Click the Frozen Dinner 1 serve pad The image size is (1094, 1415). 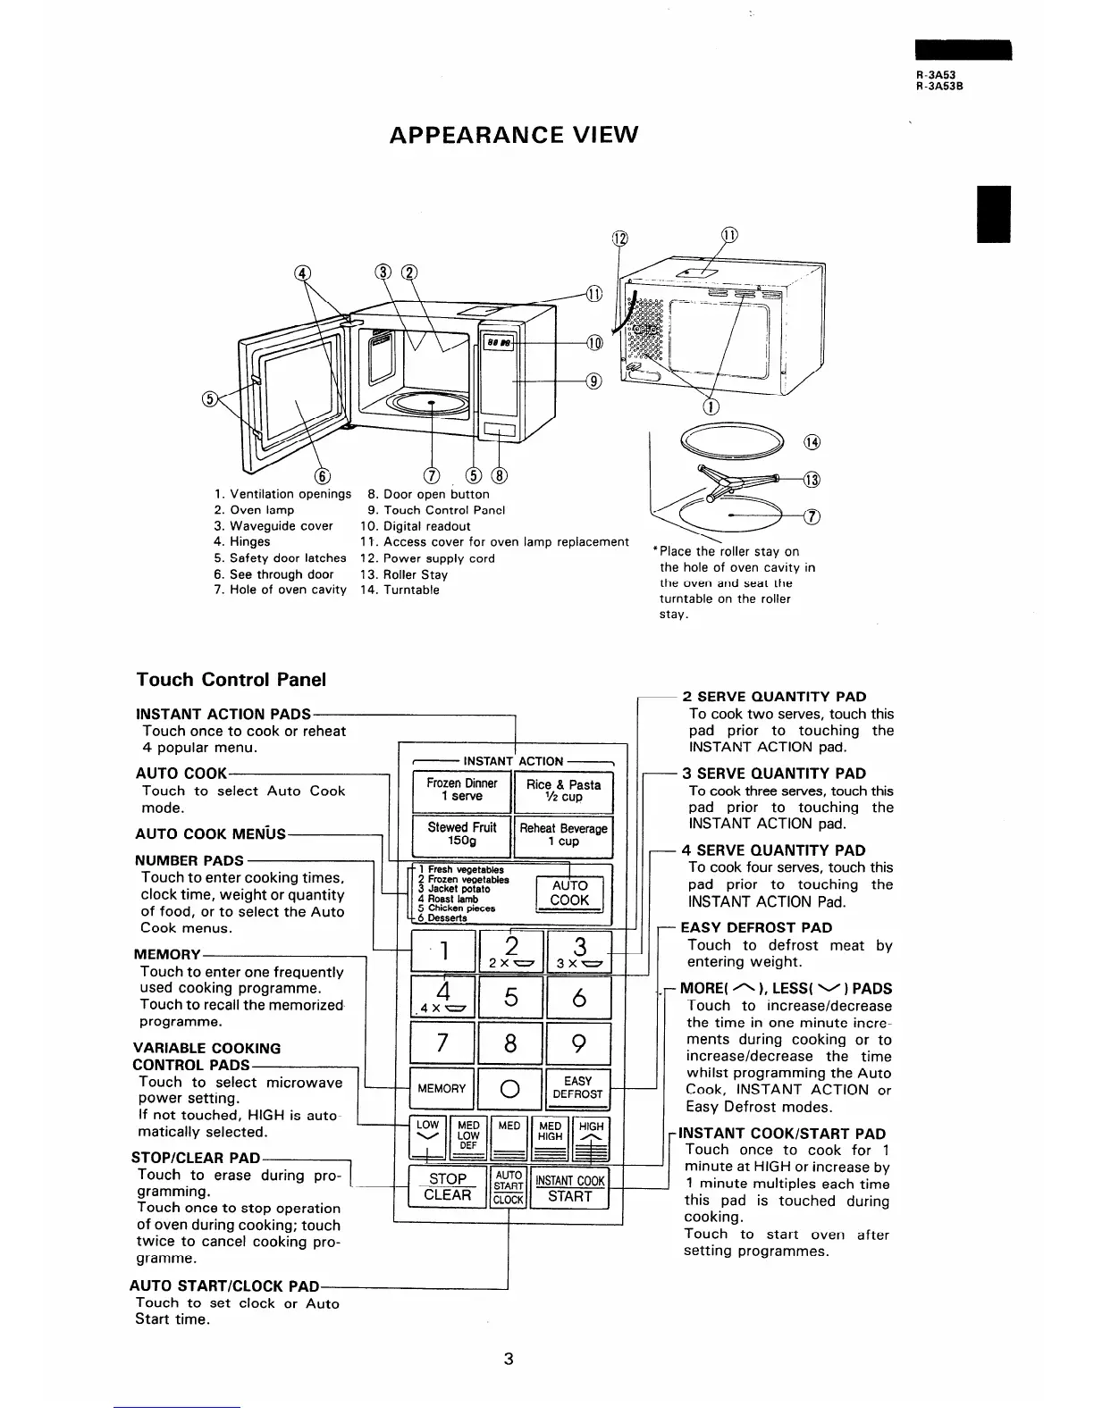(461, 790)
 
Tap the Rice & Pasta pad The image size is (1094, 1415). (563, 790)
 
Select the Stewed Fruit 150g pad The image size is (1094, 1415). (461, 833)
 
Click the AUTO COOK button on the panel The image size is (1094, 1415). (569, 892)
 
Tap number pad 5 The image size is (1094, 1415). (510, 997)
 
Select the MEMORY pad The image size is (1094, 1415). (442, 1088)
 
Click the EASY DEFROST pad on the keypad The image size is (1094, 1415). (578, 1087)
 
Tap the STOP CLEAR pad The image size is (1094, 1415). (447, 1186)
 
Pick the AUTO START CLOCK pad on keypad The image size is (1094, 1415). (509, 1187)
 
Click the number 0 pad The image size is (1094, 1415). (510, 1089)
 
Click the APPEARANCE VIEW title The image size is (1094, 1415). (514, 135)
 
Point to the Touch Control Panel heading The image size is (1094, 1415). (231, 679)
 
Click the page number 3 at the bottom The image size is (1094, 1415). (508, 1361)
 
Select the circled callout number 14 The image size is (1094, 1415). (812, 441)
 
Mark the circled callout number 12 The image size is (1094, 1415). (619, 239)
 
